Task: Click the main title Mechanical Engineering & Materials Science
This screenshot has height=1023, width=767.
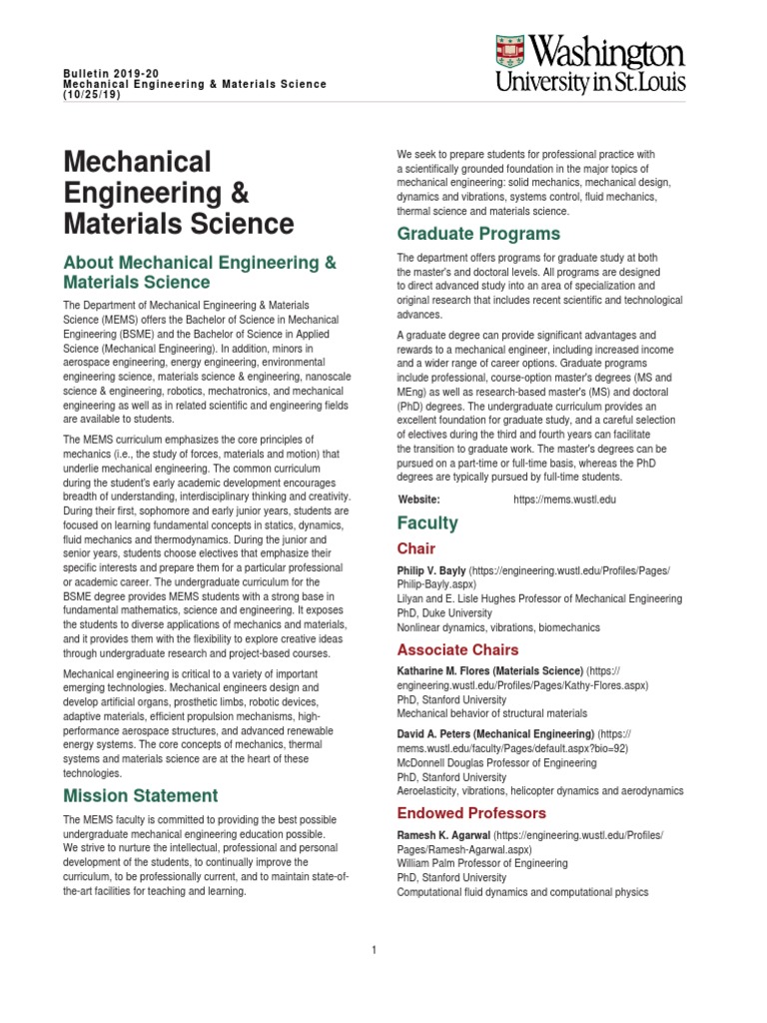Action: point(179,192)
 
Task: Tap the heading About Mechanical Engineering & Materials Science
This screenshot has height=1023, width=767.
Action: point(200,272)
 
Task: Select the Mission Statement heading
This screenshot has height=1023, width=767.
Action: point(140,795)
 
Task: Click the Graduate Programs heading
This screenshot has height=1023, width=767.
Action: point(478,234)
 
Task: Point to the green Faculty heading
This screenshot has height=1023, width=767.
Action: point(427,522)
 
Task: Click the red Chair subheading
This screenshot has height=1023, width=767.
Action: point(416,548)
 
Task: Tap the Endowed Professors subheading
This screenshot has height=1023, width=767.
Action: point(471,813)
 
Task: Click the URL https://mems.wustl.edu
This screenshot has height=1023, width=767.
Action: point(564,499)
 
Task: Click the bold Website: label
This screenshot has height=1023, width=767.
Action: point(419,499)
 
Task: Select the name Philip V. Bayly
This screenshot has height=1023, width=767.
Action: point(431,569)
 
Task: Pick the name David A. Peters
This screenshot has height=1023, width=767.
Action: point(438,733)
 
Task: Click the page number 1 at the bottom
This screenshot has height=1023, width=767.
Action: point(374,950)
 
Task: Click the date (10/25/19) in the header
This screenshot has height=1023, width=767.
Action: point(92,95)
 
